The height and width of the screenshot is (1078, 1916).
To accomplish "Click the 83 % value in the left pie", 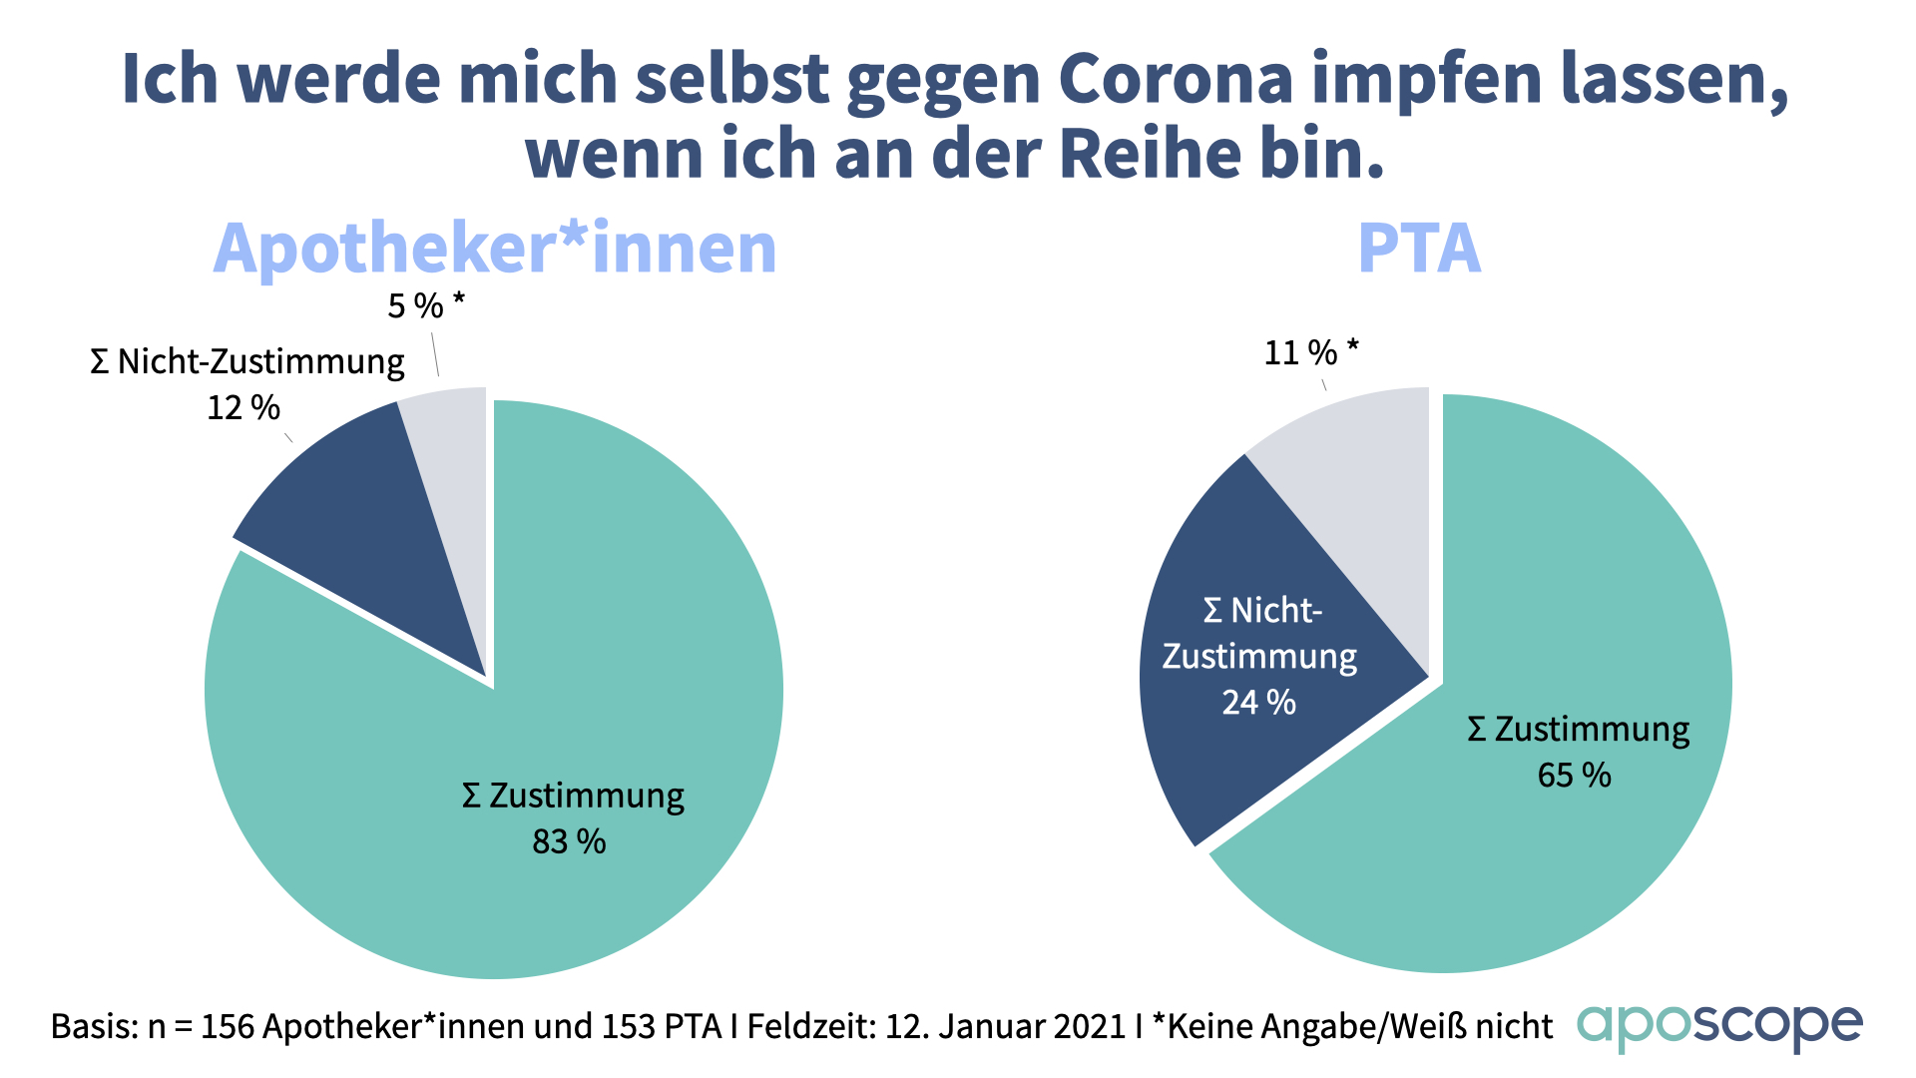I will pos(569,841).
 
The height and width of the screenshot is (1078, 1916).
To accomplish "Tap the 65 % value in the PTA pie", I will pos(1575,775).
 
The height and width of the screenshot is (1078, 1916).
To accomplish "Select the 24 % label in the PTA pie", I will pos(1259,702).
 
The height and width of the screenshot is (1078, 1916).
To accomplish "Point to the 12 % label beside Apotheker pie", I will pos(243,407).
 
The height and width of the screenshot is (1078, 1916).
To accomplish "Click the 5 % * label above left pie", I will pos(426,305).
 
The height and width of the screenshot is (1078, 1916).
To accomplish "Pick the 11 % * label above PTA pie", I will pos(1311,352).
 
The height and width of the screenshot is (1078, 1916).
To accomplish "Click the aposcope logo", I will pos(1719,1026).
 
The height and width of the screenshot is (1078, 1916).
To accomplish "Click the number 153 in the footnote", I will pos(630,1026).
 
